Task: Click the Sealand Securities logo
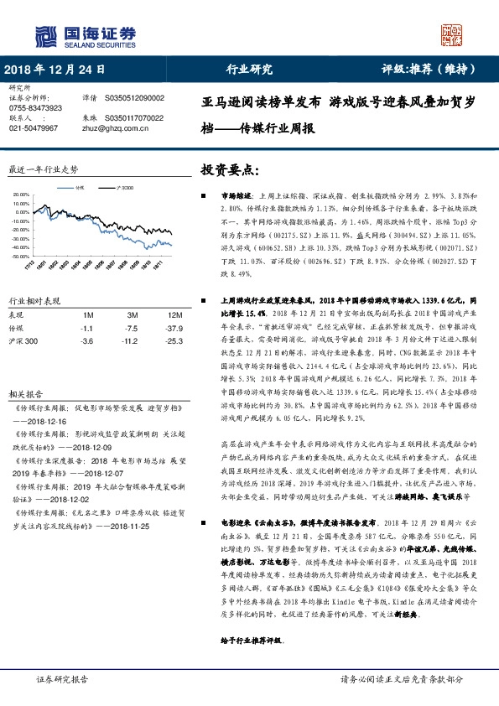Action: pos(85,35)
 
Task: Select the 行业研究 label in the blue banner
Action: pos(250,70)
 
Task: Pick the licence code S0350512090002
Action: pos(135,98)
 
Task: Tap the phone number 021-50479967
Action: pos(33,128)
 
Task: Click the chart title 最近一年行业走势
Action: pos(42,169)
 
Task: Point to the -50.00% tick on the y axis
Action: pos(19,256)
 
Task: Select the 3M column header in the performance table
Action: pos(128,314)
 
